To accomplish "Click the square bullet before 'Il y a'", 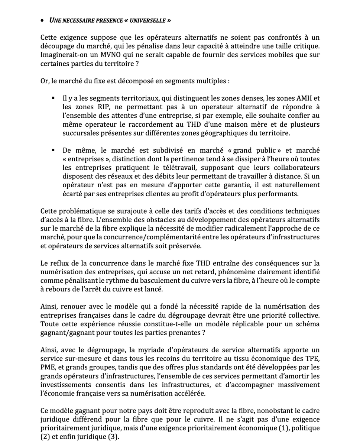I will click(53, 98).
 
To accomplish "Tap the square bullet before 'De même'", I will click(53, 150).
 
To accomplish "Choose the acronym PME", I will click(48, 367).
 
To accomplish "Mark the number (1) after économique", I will click(283, 428).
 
